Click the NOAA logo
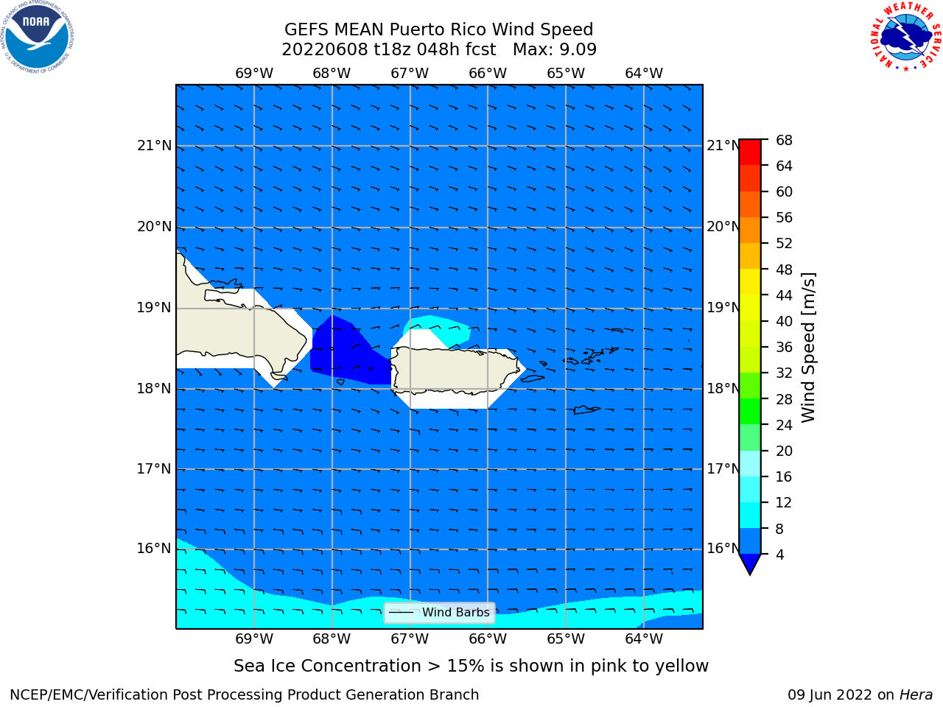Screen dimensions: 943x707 (x=37, y=38)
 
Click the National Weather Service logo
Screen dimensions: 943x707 (x=906, y=37)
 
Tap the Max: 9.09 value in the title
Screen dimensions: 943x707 (x=555, y=49)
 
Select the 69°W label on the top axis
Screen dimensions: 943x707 (x=254, y=73)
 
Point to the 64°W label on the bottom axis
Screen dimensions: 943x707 (x=644, y=639)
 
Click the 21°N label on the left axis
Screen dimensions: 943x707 (x=154, y=146)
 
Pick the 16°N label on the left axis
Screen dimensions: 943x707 (x=154, y=549)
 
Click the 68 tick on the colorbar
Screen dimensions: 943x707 (x=784, y=141)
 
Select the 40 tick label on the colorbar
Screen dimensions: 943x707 (x=784, y=321)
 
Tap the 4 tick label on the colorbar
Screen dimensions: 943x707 (x=780, y=555)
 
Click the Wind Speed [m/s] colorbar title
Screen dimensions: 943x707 (x=808, y=348)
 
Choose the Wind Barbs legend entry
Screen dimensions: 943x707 (x=439, y=613)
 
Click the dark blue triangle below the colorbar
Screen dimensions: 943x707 (x=750, y=563)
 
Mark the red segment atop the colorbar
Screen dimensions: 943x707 (x=750, y=152)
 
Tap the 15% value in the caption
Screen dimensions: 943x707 (x=466, y=666)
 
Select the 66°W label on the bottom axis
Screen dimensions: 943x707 (x=488, y=639)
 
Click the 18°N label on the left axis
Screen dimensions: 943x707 (x=154, y=389)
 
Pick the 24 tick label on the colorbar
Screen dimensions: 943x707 (x=784, y=425)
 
